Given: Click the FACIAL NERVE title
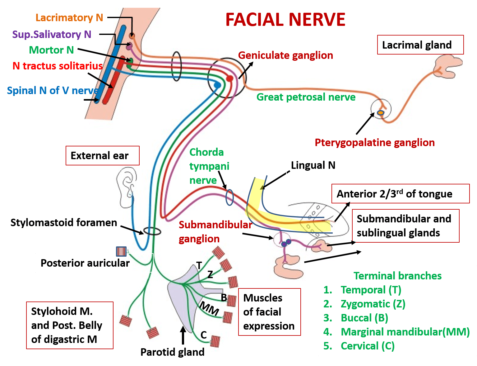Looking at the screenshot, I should [x=285, y=20].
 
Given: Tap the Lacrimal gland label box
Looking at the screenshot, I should [x=420, y=45].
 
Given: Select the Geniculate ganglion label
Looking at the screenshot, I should [x=285, y=55].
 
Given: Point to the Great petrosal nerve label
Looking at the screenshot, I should [x=306, y=97].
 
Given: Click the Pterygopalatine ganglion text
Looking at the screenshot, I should [x=374, y=143].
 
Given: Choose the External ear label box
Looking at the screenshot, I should [x=102, y=155].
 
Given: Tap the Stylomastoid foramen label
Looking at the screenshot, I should [x=64, y=223].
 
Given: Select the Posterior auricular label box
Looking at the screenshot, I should [x=85, y=263].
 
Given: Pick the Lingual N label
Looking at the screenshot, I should [x=313, y=165].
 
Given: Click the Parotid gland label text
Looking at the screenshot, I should [x=172, y=352].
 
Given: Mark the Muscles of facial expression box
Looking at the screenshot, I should [x=269, y=312].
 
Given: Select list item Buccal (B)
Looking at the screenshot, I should [x=364, y=318].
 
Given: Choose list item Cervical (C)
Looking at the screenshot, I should [x=367, y=346].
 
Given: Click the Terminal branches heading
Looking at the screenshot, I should [x=397, y=276].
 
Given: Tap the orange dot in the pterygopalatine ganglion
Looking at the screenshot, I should [x=380, y=112].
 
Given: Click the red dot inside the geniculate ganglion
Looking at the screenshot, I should [x=229, y=78].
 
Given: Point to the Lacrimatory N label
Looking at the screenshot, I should [x=69, y=18].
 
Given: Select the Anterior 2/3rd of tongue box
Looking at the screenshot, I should [x=400, y=194].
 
